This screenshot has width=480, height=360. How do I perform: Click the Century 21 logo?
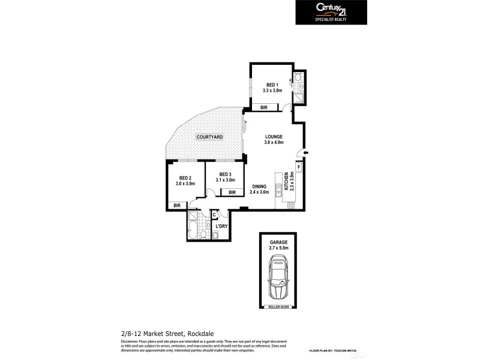coord(331,11)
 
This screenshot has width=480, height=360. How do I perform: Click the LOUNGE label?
coord(274,136)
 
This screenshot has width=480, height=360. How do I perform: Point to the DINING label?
coord(259,186)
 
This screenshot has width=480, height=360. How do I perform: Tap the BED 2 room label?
coord(185,178)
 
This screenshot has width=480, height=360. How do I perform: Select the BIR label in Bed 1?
coord(264,107)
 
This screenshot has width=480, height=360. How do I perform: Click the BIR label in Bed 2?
coord(177,206)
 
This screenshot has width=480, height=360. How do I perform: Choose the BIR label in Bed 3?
coord(232,192)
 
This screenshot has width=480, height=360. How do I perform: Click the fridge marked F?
coord(298,166)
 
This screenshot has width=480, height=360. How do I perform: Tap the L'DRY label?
coord(221,226)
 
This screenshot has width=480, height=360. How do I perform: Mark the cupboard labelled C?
coord(214,214)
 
